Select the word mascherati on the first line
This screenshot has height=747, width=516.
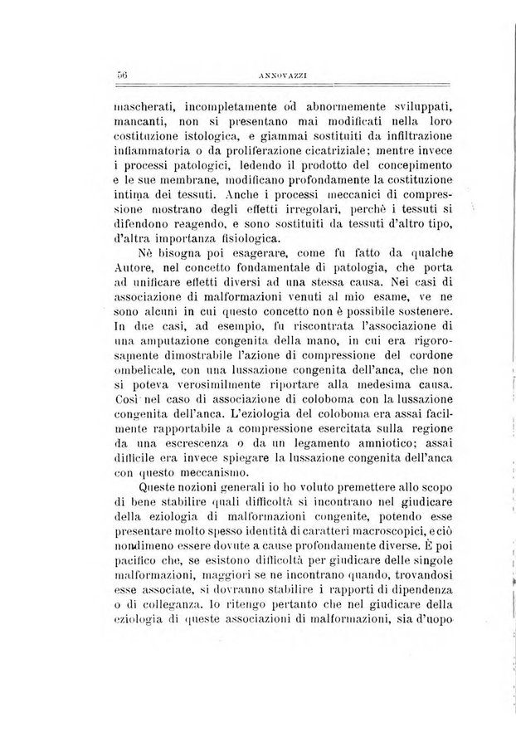click(145, 107)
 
